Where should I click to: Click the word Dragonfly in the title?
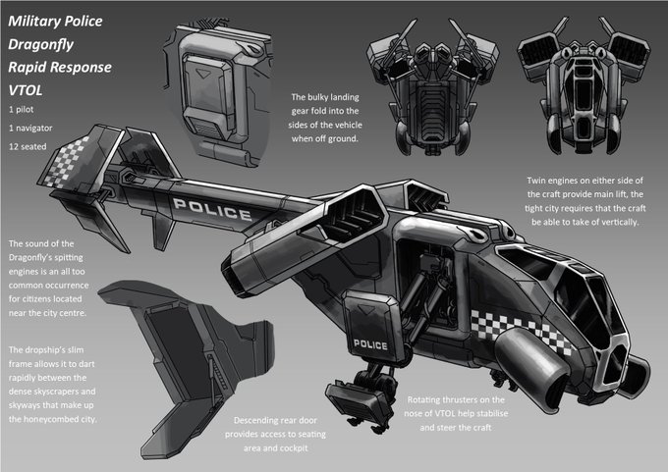(41, 45)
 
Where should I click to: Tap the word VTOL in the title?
(26, 90)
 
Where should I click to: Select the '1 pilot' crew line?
(22, 109)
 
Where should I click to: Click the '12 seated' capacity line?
(28, 146)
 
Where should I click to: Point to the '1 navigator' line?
(30, 128)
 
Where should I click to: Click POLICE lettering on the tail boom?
(212, 209)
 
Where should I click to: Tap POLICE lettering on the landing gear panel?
(370, 344)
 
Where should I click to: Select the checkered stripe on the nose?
(521, 331)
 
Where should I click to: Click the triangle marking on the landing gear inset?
(203, 74)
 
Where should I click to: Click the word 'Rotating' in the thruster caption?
(423, 400)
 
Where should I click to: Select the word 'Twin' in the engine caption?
(536, 181)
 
